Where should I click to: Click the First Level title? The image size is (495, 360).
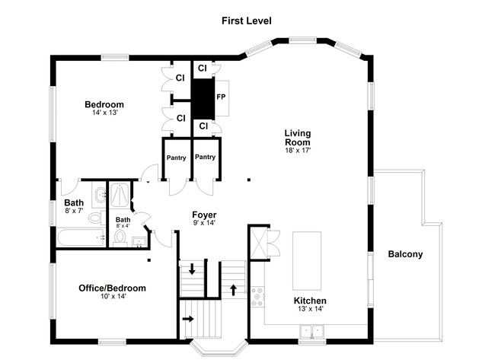pyautogui.click(x=247, y=21)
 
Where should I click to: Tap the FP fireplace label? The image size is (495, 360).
pyautogui.click(x=221, y=97)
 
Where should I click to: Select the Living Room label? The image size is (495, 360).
pyautogui.click(x=298, y=138)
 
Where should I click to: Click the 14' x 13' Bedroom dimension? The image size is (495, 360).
pyautogui.click(x=105, y=113)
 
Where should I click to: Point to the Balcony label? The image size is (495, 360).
pyautogui.click(x=405, y=254)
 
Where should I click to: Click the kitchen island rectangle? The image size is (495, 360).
pyautogui.click(x=307, y=261)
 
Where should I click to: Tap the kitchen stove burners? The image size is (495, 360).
pyautogui.click(x=257, y=297)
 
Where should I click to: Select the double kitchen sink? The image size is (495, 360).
pyautogui.click(x=312, y=331)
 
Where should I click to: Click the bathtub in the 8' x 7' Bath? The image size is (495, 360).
pyautogui.click(x=81, y=237)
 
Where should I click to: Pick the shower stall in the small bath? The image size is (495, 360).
pyautogui.click(x=120, y=195)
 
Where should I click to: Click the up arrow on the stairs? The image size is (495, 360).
pyautogui.click(x=233, y=290)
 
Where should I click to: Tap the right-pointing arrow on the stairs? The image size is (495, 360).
pyautogui.click(x=188, y=319)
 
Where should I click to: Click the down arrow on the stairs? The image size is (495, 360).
pyautogui.click(x=192, y=269)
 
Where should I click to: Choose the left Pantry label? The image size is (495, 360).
pyautogui.click(x=176, y=158)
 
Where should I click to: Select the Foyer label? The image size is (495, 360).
pyautogui.click(x=204, y=215)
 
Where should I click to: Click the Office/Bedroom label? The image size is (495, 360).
pyautogui.click(x=112, y=288)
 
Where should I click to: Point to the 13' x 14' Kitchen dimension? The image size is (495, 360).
pyautogui.click(x=311, y=309)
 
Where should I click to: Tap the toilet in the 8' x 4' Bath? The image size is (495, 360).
pyautogui.click(x=120, y=238)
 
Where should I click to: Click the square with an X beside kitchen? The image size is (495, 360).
pyautogui.click(x=259, y=243)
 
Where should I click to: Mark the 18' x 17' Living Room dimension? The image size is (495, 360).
pyautogui.click(x=298, y=151)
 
